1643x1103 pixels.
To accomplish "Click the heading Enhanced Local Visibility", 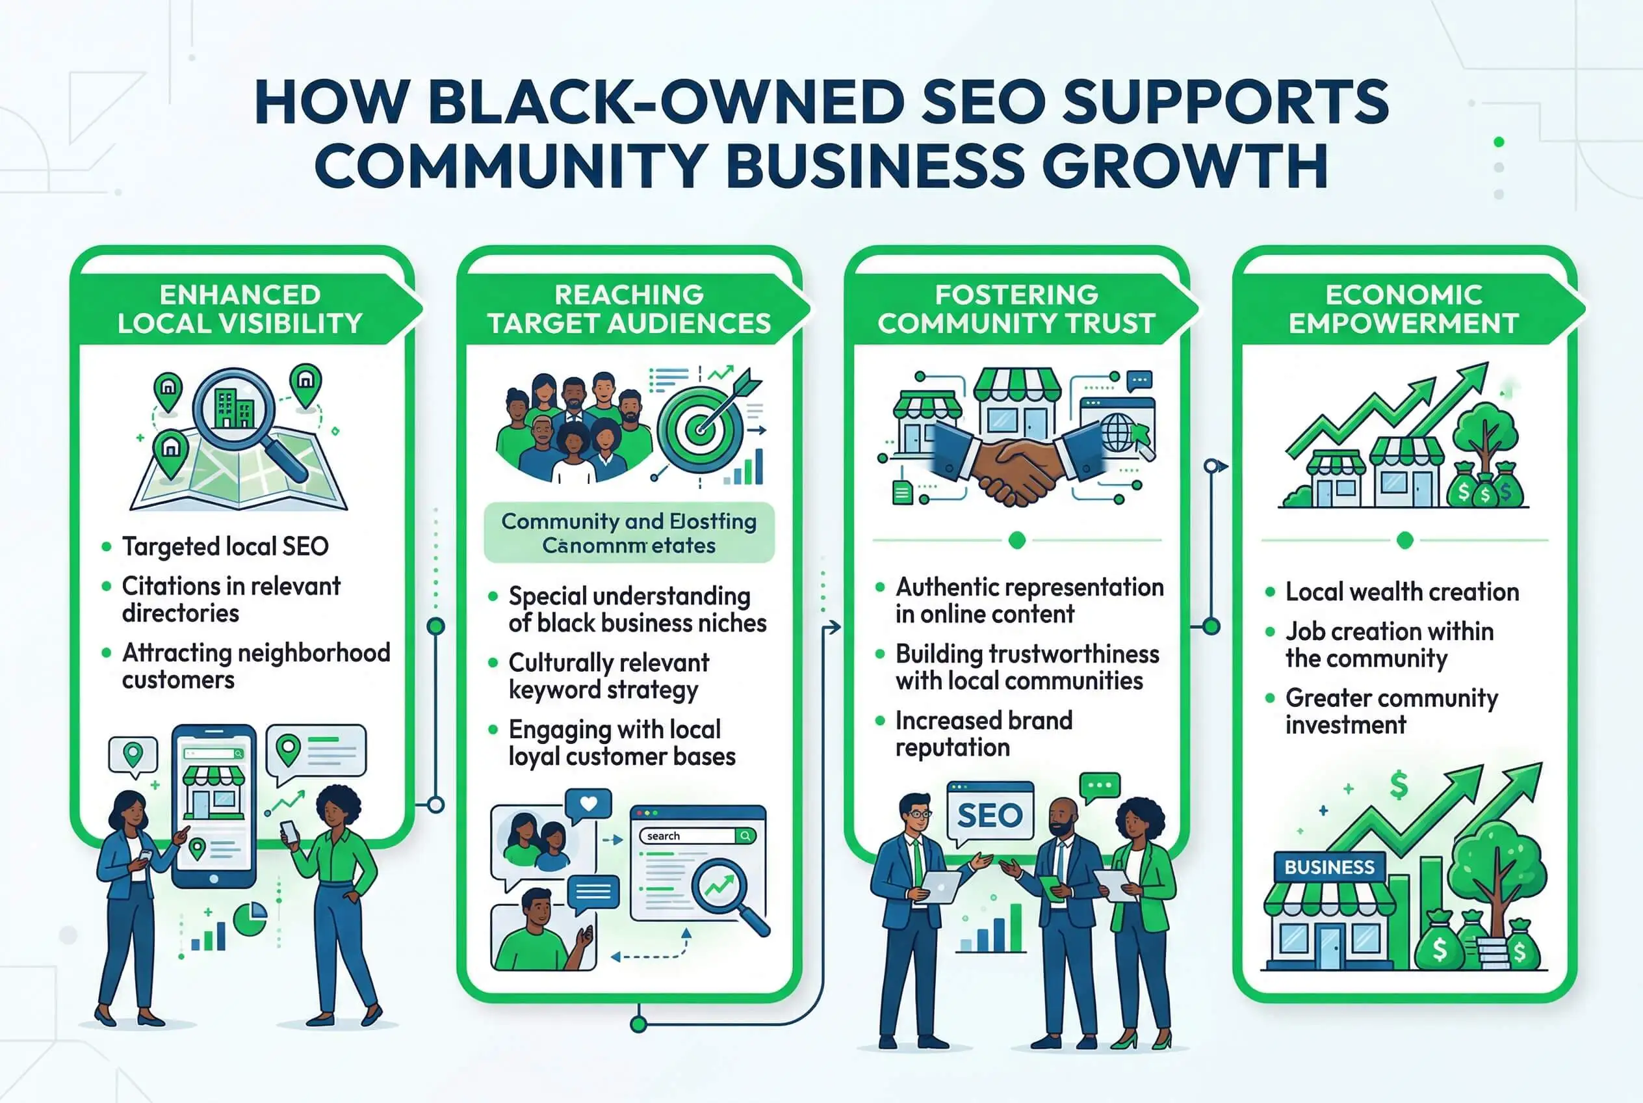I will click(240, 309).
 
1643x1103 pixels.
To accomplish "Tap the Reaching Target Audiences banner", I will click(629, 309).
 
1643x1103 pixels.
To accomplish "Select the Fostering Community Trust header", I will click(1016, 309).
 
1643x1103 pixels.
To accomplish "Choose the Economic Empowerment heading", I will click(1403, 309).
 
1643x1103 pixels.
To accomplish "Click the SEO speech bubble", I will click(990, 815).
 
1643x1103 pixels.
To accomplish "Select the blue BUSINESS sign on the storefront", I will click(1328, 867).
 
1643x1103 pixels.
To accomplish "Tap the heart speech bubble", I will click(588, 804).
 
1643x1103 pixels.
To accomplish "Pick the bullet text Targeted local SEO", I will click(225, 546).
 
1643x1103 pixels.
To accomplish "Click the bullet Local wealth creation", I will click(1402, 592).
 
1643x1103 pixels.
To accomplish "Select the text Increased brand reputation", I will click(983, 734).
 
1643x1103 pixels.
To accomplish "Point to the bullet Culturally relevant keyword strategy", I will click(608, 676).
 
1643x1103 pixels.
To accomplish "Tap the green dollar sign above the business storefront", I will click(1399, 784).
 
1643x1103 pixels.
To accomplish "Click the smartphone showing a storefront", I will click(214, 805).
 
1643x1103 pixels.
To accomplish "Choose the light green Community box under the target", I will click(629, 533).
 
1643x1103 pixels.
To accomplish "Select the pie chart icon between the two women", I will click(250, 918).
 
